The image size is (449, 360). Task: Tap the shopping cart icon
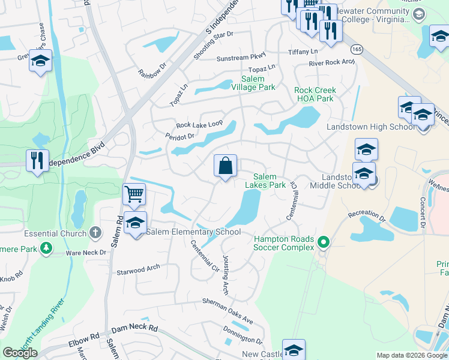(134, 194)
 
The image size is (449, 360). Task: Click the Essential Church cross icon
(95, 232)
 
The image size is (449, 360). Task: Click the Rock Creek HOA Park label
(315, 94)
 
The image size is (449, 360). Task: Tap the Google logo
(20, 353)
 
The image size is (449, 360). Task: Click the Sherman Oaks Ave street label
(228, 307)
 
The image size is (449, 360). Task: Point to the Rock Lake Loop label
(199, 125)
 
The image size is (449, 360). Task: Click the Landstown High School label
(370, 127)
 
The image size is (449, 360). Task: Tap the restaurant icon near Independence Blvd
(37, 160)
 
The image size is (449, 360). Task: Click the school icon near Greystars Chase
(40, 61)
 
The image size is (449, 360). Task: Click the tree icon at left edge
(46, 248)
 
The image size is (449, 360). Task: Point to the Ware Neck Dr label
(86, 253)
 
